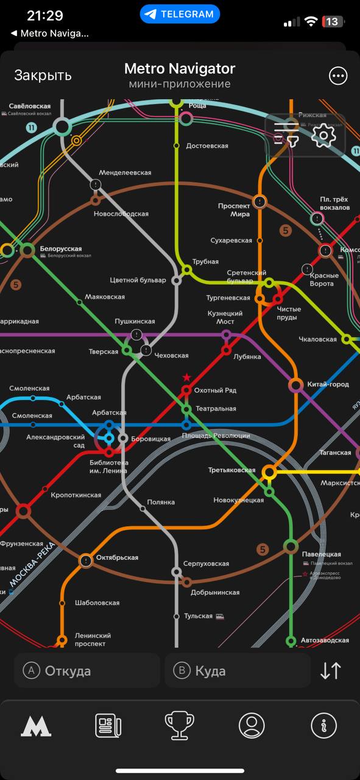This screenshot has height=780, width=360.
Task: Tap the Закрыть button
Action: pos(43,75)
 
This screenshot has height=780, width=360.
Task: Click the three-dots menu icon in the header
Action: pos(337,76)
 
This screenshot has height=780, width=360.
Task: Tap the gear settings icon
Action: pos(323,135)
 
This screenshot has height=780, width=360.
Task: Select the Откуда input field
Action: pos(87,671)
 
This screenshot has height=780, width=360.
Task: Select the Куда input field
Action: pos(238,671)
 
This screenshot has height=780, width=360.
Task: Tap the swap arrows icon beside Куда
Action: pos(331,671)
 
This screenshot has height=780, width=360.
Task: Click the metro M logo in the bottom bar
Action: pos(36,726)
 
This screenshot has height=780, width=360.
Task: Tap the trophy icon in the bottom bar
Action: pos(180,726)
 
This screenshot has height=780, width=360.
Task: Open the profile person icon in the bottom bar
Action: pos(252,726)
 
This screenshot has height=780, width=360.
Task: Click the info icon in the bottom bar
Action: pos(323,726)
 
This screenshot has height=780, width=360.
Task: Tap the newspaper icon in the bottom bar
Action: pos(108,726)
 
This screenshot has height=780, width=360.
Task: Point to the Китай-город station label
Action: pos(328,385)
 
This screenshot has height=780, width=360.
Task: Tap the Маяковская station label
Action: pos(105,297)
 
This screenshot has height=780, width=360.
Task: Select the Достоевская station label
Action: pos(207,146)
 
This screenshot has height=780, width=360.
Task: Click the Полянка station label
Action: pos(161,502)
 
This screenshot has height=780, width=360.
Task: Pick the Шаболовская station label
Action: pos(97,603)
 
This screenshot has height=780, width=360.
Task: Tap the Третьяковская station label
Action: pos(231,470)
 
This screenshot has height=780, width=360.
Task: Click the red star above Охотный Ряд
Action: pos(186,378)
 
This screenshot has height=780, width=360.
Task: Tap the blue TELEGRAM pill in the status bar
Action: pos(180,14)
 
